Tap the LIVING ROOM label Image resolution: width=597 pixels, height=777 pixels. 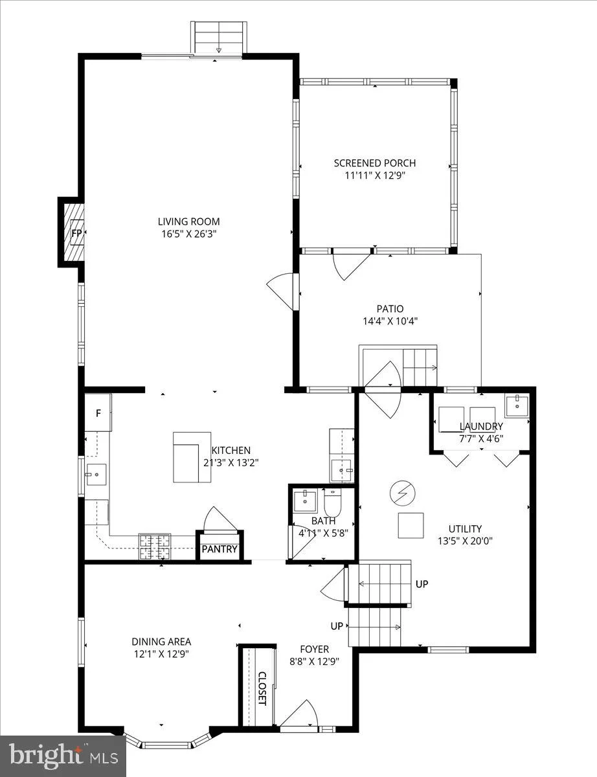[x=189, y=221]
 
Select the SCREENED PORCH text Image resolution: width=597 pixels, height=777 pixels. [x=375, y=163]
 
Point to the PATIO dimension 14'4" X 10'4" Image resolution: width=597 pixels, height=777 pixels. [x=390, y=321]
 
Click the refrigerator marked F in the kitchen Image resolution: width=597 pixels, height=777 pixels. [x=98, y=413]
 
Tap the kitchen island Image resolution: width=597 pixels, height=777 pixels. [x=192, y=457]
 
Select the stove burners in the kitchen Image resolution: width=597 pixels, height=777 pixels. [x=155, y=546]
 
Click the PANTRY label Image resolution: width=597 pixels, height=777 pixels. [x=220, y=549]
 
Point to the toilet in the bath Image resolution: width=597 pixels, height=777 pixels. [x=332, y=502]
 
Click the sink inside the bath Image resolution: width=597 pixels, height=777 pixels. [x=305, y=502]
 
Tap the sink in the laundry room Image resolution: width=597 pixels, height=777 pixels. [x=517, y=406]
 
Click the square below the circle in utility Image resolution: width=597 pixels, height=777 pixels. [x=411, y=526]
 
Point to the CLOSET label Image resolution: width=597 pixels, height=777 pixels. [x=262, y=689]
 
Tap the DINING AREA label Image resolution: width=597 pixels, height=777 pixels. [x=161, y=642]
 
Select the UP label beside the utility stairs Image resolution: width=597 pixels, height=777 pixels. [x=422, y=584]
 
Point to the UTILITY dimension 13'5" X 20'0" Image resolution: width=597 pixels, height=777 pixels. [x=465, y=541]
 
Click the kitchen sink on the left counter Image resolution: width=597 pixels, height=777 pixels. [x=96, y=475]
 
